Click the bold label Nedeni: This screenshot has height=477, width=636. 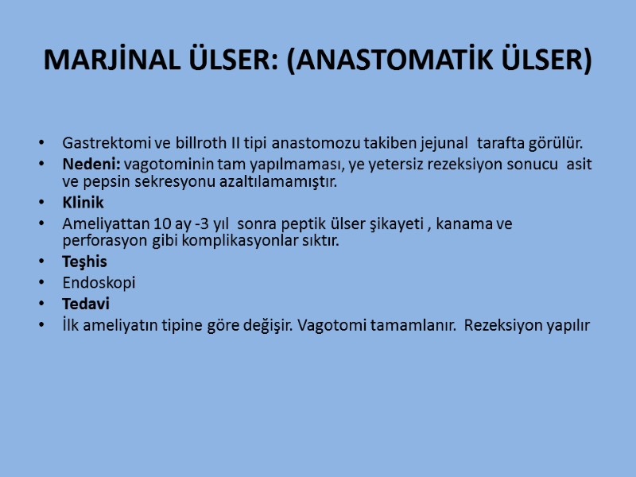coord(91,164)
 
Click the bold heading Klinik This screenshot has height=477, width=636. coord(83,203)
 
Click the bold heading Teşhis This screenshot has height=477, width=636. coord(84,262)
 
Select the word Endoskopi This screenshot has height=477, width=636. coord(99,282)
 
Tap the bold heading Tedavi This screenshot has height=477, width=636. coord(86,303)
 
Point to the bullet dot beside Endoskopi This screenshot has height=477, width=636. coord(42,283)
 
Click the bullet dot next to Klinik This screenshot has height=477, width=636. coord(42,204)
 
